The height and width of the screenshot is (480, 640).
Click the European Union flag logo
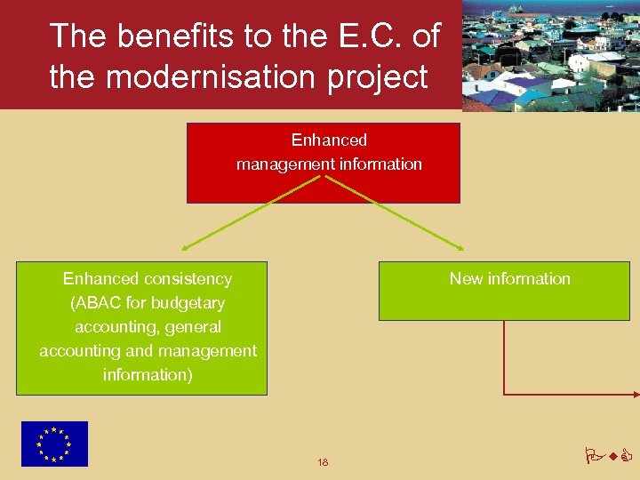(55, 444)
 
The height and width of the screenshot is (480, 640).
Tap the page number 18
(323, 462)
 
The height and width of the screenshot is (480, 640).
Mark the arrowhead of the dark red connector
(635, 393)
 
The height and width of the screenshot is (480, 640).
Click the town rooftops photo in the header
(551, 55)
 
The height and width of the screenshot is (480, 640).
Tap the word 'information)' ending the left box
(148, 374)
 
